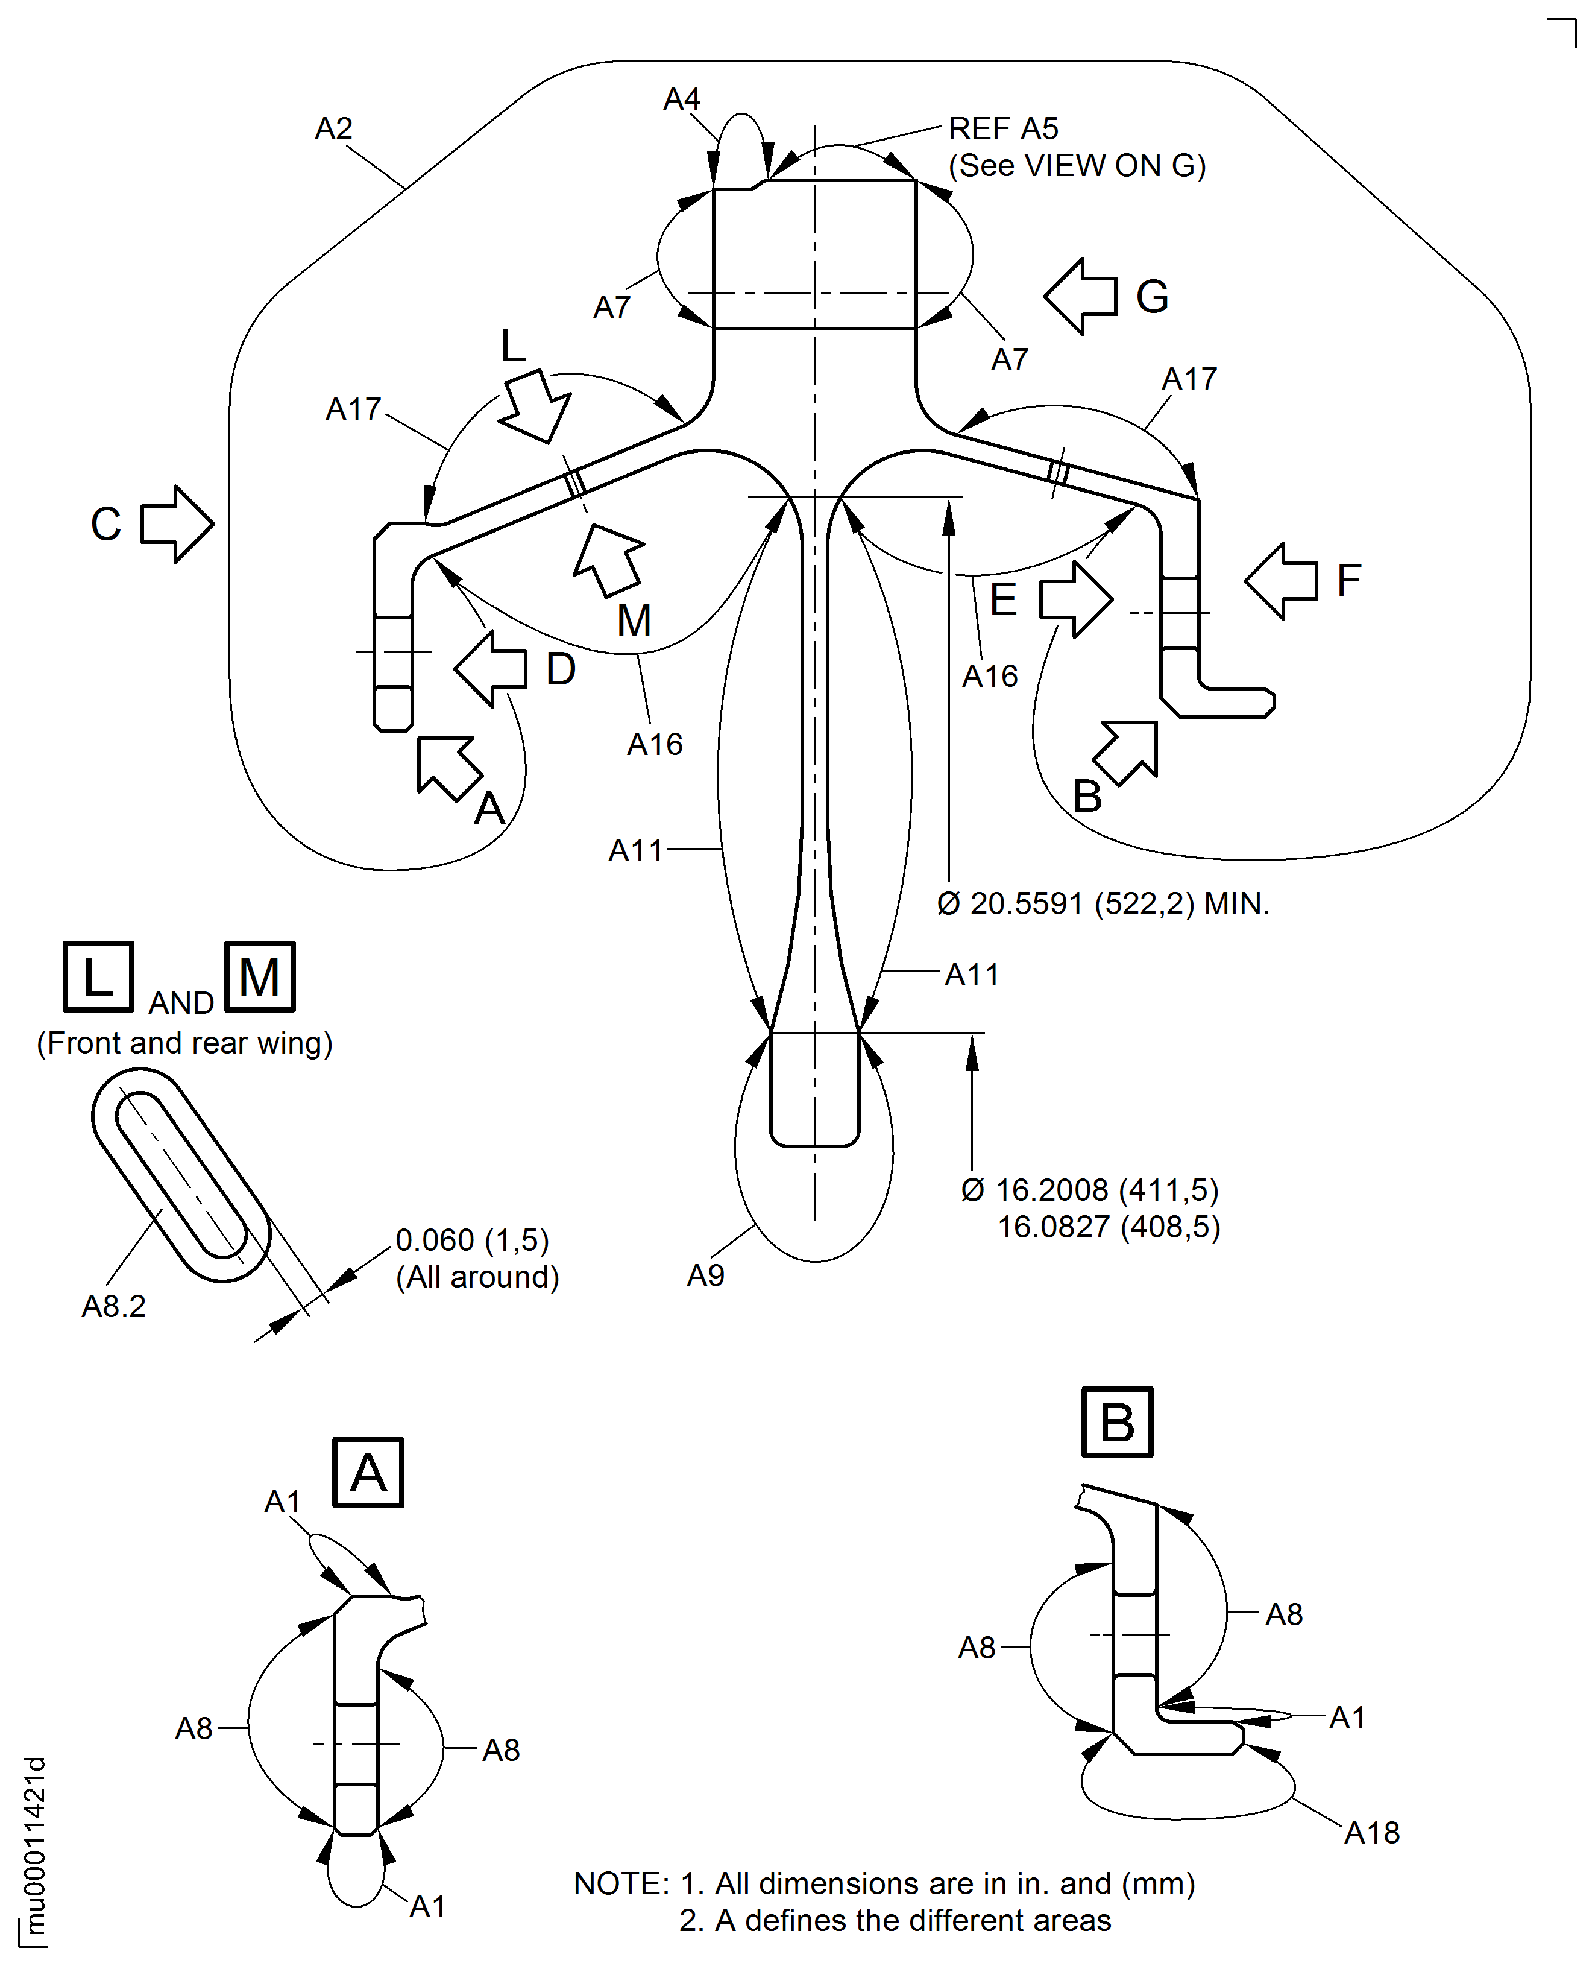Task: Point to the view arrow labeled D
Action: (491, 668)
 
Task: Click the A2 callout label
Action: (333, 128)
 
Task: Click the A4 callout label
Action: (682, 100)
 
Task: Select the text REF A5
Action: (1002, 128)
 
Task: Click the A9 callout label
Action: (706, 1275)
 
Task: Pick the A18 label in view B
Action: (1372, 1833)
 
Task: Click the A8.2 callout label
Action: (114, 1306)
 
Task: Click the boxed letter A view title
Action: (368, 1473)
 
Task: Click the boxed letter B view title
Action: (1116, 1422)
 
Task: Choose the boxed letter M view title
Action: (260, 976)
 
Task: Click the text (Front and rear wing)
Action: (184, 1043)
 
